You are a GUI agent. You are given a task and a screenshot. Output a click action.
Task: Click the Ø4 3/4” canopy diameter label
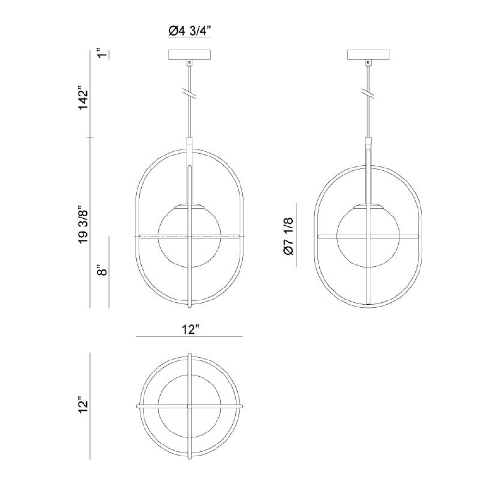[x=190, y=31]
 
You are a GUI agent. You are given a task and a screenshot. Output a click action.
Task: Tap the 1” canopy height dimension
[x=104, y=53]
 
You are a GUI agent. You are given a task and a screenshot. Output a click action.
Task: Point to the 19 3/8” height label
[x=83, y=227]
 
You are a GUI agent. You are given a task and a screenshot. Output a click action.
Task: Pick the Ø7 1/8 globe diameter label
[x=288, y=236]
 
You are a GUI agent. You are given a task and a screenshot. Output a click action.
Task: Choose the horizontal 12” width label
[x=191, y=330]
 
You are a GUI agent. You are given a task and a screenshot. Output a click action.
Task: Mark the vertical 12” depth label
[x=83, y=406]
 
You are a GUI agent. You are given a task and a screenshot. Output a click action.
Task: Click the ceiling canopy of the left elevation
[x=190, y=55]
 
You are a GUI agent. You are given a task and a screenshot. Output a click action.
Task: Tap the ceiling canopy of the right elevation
[x=368, y=55]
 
